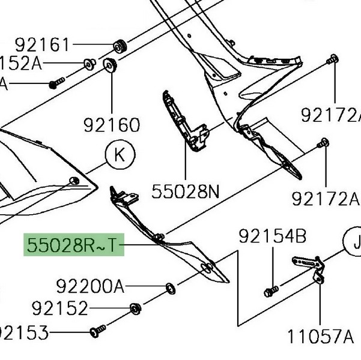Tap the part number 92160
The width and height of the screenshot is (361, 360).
click(x=112, y=125)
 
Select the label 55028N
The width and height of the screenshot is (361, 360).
click(x=185, y=191)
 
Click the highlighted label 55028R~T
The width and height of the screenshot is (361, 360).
click(x=74, y=245)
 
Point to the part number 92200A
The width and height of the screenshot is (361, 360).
click(x=90, y=285)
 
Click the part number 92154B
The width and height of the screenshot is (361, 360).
click(x=273, y=236)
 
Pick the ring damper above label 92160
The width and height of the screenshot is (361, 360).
click(x=111, y=65)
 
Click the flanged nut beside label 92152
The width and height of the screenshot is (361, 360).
click(x=136, y=309)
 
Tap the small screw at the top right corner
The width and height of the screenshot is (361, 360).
click(x=331, y=59)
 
